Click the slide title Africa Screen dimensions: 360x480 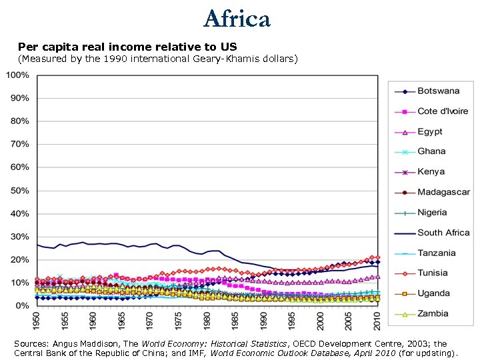click(237, 19)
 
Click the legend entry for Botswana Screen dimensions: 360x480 click(438, 91)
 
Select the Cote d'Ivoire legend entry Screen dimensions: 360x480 click(443, 111)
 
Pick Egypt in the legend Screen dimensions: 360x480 click(430, 131)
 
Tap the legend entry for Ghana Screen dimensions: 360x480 click(431, 151)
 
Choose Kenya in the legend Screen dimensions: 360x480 click(431, 171)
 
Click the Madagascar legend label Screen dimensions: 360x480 click(443, 192)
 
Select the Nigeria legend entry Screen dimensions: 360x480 click(432, 212)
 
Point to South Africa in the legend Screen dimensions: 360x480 click(443, 233)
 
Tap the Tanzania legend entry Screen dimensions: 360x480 click(437, 253)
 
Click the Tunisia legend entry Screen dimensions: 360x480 click(433, 273)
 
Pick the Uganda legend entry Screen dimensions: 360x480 click(433, 293)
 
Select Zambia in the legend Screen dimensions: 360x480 click(433, 313)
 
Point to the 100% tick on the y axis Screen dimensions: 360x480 click(17, 75)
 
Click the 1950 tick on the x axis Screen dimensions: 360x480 click(36, 321)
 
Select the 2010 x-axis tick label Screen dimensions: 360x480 click(377, 321)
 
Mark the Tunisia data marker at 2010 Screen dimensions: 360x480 click(377, 257)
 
